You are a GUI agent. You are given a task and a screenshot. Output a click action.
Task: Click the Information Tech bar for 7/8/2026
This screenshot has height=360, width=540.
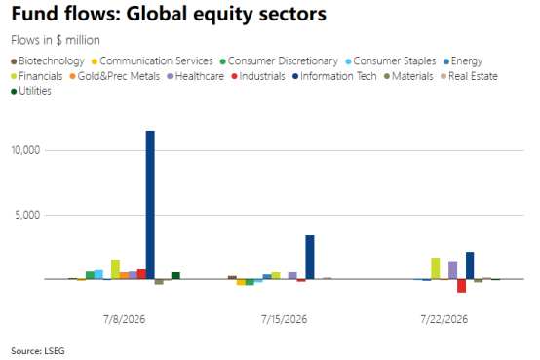150,205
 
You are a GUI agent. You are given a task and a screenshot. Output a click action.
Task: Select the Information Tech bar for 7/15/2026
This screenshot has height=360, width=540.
310,257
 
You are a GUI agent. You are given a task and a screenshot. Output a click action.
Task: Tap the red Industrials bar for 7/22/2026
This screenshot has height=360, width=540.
461,286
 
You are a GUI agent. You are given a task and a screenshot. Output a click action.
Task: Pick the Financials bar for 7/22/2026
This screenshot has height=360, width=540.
436,268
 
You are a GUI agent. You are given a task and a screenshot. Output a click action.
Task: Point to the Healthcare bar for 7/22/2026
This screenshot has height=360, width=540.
453,270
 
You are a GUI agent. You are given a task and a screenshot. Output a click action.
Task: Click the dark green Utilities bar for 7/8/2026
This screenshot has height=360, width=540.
175,275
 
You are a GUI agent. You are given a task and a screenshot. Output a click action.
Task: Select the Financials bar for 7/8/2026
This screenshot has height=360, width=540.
115,269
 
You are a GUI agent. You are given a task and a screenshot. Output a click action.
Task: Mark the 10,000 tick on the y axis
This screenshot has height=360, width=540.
25,150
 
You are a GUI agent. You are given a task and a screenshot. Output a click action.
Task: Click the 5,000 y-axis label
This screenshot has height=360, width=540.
27,215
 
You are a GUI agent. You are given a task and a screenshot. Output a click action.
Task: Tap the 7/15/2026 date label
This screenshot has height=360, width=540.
284,319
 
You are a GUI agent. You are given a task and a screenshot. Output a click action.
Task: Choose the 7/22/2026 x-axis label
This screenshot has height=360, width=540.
444,319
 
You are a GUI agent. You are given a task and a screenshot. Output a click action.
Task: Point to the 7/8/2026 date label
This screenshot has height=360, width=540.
125,319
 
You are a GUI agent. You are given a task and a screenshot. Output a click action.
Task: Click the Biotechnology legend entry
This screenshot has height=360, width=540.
48,61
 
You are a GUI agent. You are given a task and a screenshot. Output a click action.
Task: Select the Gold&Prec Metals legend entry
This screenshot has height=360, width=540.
115,76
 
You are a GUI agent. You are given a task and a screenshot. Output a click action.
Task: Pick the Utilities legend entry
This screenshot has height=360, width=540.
31,91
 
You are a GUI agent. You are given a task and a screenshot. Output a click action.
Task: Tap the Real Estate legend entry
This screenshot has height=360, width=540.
469,76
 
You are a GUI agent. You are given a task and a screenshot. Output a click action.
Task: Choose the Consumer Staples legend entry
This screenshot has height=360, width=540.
391,61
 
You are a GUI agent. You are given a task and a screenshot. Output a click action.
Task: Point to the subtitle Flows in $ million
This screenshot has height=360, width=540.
56,40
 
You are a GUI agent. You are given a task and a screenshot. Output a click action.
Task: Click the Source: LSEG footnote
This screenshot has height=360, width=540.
38,351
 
